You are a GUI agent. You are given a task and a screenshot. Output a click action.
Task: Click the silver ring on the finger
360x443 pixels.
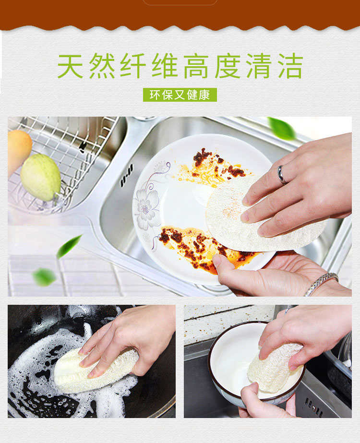tap(282, 175)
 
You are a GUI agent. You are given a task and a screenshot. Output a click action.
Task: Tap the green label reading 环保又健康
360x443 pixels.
tap(180, 95)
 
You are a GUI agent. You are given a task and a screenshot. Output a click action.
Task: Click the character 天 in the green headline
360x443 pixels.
tap(70, 66)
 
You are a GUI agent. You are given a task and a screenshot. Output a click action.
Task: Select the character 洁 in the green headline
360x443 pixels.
tap(290, 66)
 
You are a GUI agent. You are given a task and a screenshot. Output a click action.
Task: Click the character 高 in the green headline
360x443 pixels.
tap(196, 66)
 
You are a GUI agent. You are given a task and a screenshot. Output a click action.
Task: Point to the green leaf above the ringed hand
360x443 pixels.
tap(281, 129)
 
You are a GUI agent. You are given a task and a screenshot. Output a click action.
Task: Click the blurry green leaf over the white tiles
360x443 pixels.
tap(44, 277)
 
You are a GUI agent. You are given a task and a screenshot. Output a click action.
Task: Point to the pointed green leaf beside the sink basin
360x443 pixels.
tap(69, 246)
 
